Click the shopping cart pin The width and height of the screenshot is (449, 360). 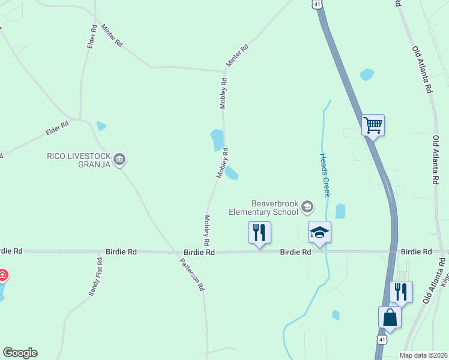click(373, 126)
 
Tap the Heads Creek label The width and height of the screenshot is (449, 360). click(327, 174)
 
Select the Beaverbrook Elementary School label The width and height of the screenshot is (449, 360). click(264, 208)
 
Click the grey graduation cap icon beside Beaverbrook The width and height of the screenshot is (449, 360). click(307, 208)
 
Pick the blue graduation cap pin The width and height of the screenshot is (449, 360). click(319, 233)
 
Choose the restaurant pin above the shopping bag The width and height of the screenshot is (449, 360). click(401, 292)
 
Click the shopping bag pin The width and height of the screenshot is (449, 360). click(390, 317)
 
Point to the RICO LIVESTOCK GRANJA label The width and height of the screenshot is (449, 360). click(79, 160)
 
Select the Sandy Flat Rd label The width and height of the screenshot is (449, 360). click(96, 277)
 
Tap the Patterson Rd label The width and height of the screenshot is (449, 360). click(193, 274)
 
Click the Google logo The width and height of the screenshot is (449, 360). click(20, 353)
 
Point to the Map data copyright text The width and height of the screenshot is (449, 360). click(423, 355)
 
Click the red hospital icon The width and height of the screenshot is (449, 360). click(2, 275)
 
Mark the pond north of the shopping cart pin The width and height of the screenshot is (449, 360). click(366, 75)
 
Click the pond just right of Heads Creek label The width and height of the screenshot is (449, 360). click(340, 211)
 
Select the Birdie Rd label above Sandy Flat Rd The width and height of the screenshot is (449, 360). click(121, 253)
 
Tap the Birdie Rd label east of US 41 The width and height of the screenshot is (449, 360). click(416, 251)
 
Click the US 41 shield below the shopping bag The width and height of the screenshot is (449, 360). click(382, 340)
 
